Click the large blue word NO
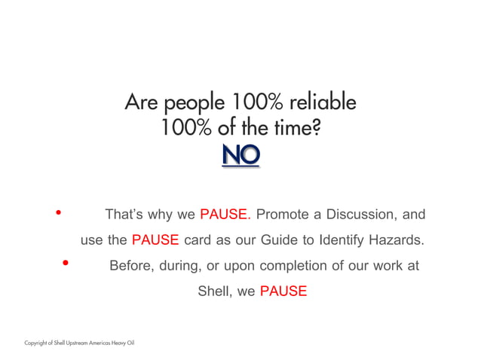240,155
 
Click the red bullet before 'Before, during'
66,264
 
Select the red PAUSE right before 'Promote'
225,215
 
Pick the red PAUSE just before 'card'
155,240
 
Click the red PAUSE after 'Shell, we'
283,291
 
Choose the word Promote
281,215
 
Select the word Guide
280,240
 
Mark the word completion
291,266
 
